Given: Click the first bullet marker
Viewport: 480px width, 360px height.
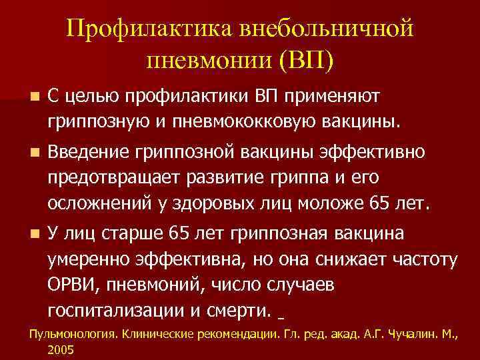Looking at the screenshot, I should point(25,97).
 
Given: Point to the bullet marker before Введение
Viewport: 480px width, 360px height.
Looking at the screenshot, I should point(25,154).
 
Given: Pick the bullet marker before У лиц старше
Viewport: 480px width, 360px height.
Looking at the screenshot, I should point(25,234).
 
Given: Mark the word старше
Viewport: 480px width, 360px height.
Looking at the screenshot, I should point(127,234).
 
